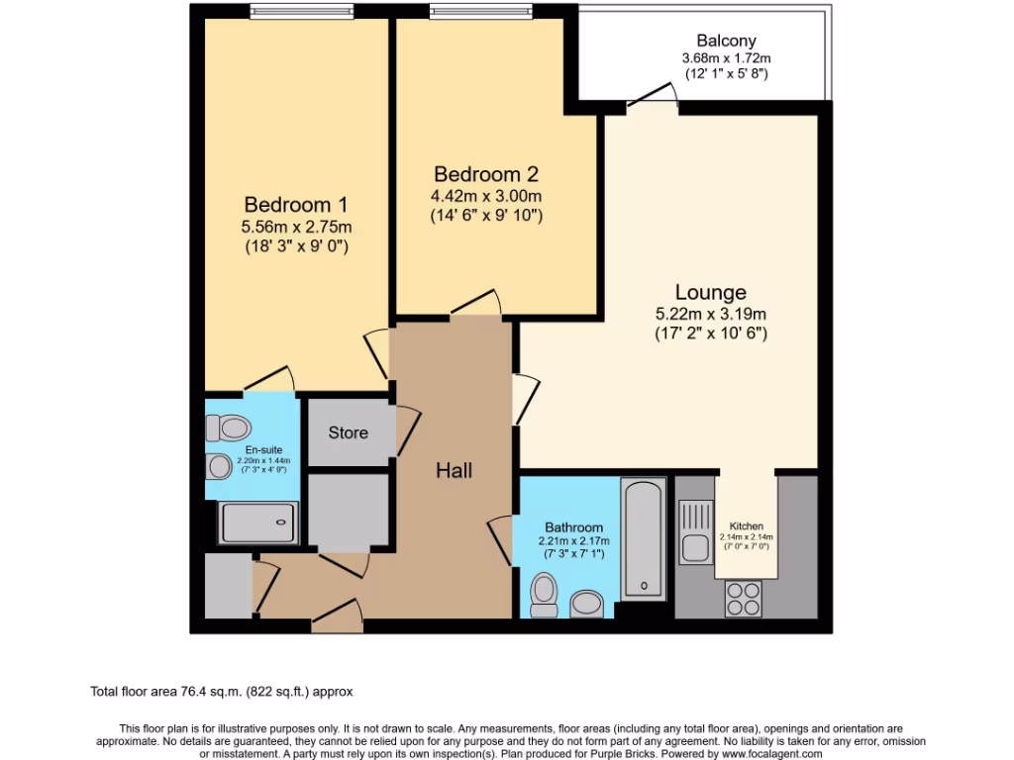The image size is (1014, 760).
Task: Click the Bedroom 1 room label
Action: pyautogui.click(x=295, y=205)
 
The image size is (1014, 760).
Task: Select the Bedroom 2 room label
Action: pyautogui.click(x=485, y=174)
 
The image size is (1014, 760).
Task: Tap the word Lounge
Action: pyautogui.click(x=710, y=293)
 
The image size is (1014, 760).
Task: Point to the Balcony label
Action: pyautogui.click(x=726, y=41)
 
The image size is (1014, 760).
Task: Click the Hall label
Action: pyautogui.click(x=454, y=471)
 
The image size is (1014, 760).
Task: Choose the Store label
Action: pyautogui.click(x=348, y=432)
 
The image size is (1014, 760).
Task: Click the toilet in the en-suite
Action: pyautogui.click(x=229, y=427)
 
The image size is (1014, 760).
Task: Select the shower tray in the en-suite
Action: pyautogui.click(x=258, y=522)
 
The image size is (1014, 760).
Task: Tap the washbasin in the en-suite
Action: pyautogui.click(x=218, y=465)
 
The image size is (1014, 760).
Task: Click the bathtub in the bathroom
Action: pyautogui.click(x=645, y=539)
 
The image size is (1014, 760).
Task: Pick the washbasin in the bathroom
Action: pyautogui.click(x=587, y=603)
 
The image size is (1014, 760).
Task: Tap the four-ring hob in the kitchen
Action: pyautogui.click(x=745, y=598)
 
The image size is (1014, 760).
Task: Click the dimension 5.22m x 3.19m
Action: pyautogui.click(x=710, y=315)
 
